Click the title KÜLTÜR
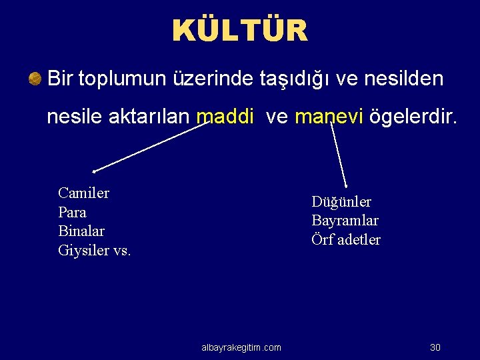pos(240,31)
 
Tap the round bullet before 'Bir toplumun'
pos(35,79)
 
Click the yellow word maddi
pos(225,117)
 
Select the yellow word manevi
pos(329,117)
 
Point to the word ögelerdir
pos(413,117)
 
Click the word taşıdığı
pos(295,79)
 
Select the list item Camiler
pos(83,193)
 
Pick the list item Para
pos(72,213)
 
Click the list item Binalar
pos(81,231)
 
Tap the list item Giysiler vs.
pos(95,251)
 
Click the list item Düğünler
pos(341,202)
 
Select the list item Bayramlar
pos(345,221)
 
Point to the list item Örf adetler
pos(346,239)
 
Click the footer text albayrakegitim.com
pos(241,347)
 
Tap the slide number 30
pos(435,347)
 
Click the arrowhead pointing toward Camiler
pos(95,171)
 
